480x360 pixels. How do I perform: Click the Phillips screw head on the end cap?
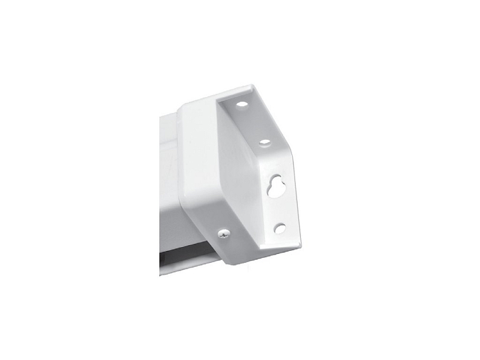pyautogui.click(x=223, y=234)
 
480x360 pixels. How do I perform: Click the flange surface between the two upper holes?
pyautogui.click(x=254, y=122)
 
